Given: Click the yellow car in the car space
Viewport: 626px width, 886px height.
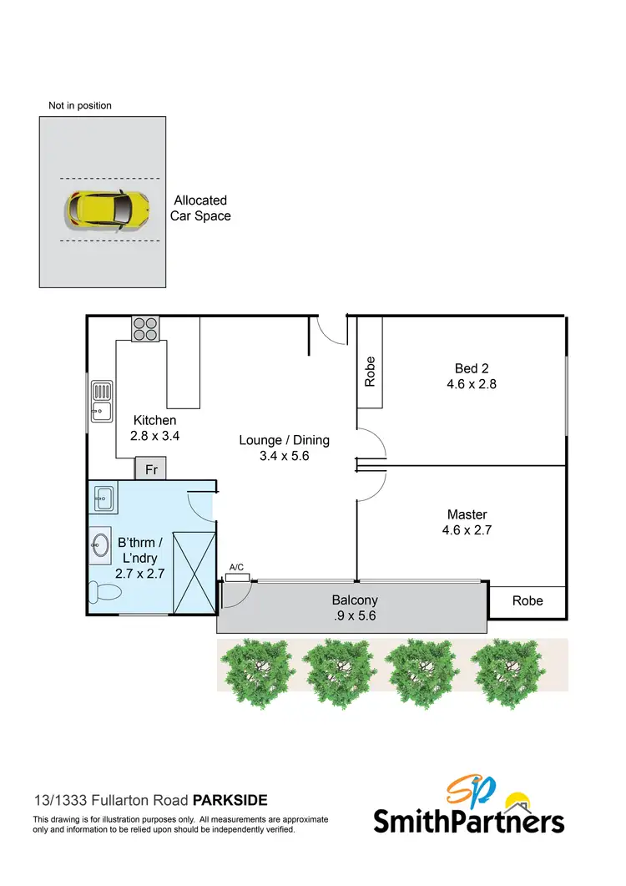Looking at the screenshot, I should point(109,209).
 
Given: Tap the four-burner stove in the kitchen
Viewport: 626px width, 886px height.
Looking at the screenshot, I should point(144,329).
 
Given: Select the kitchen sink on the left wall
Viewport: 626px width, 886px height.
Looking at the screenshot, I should point(102,400).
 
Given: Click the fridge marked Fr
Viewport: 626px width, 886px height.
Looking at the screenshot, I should point(152,469).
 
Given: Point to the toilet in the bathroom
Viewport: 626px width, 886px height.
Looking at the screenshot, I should point(107,593).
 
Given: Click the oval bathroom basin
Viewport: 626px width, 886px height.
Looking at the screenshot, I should point(100,546).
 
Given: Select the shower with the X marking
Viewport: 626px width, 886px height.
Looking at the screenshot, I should point(194,571).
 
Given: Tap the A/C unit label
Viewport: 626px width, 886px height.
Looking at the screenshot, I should point(236,568).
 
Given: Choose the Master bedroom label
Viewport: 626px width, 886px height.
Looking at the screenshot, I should point(467,522).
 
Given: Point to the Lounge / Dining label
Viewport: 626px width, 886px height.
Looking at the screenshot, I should point(285,448).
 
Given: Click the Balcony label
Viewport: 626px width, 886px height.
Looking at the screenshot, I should point(355,607).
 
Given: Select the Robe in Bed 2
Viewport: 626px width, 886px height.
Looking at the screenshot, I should point(371,371).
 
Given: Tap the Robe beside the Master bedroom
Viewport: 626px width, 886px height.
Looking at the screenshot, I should point(528,600).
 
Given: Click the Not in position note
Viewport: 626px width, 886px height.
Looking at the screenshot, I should point(80,106).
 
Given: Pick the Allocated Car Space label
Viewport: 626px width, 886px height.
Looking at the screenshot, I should point(201,208).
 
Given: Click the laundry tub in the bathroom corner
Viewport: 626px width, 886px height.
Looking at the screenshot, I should point(103,499).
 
